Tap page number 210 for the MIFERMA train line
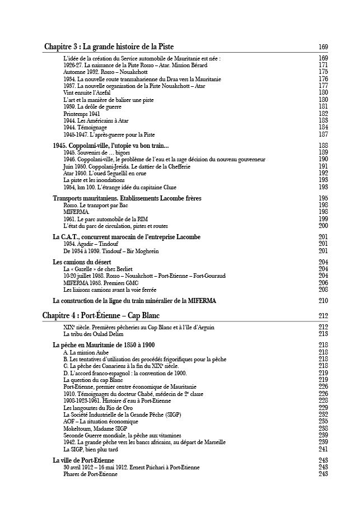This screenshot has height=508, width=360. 323,301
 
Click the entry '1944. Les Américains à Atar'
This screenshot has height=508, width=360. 96,120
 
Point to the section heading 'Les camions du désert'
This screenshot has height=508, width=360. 82,262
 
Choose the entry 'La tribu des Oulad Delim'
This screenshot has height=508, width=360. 93,334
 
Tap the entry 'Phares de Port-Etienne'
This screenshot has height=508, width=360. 91,474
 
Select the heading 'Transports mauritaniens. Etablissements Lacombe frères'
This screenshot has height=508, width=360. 127,198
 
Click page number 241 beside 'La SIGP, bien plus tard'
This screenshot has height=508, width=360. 323,449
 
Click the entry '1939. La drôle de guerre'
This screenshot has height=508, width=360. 93,106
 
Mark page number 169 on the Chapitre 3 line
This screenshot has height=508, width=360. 323,46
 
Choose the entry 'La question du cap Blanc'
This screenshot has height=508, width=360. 93,380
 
